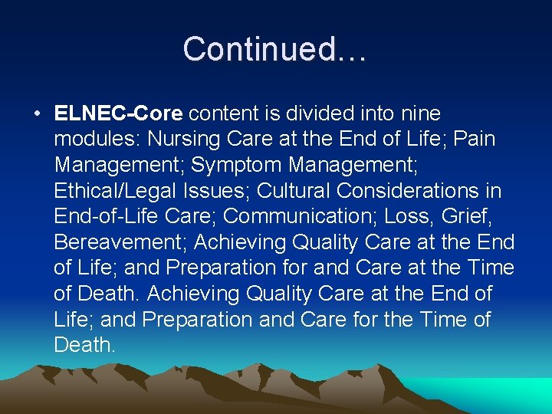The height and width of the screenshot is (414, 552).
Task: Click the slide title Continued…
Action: (275, 49)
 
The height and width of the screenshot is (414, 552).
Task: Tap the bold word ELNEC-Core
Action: (119, 114)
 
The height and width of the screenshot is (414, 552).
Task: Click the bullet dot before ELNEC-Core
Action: (36, 114)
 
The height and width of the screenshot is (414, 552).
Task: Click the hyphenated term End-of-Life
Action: (107, 217)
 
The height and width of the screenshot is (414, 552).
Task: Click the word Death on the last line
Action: (84, 345)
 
